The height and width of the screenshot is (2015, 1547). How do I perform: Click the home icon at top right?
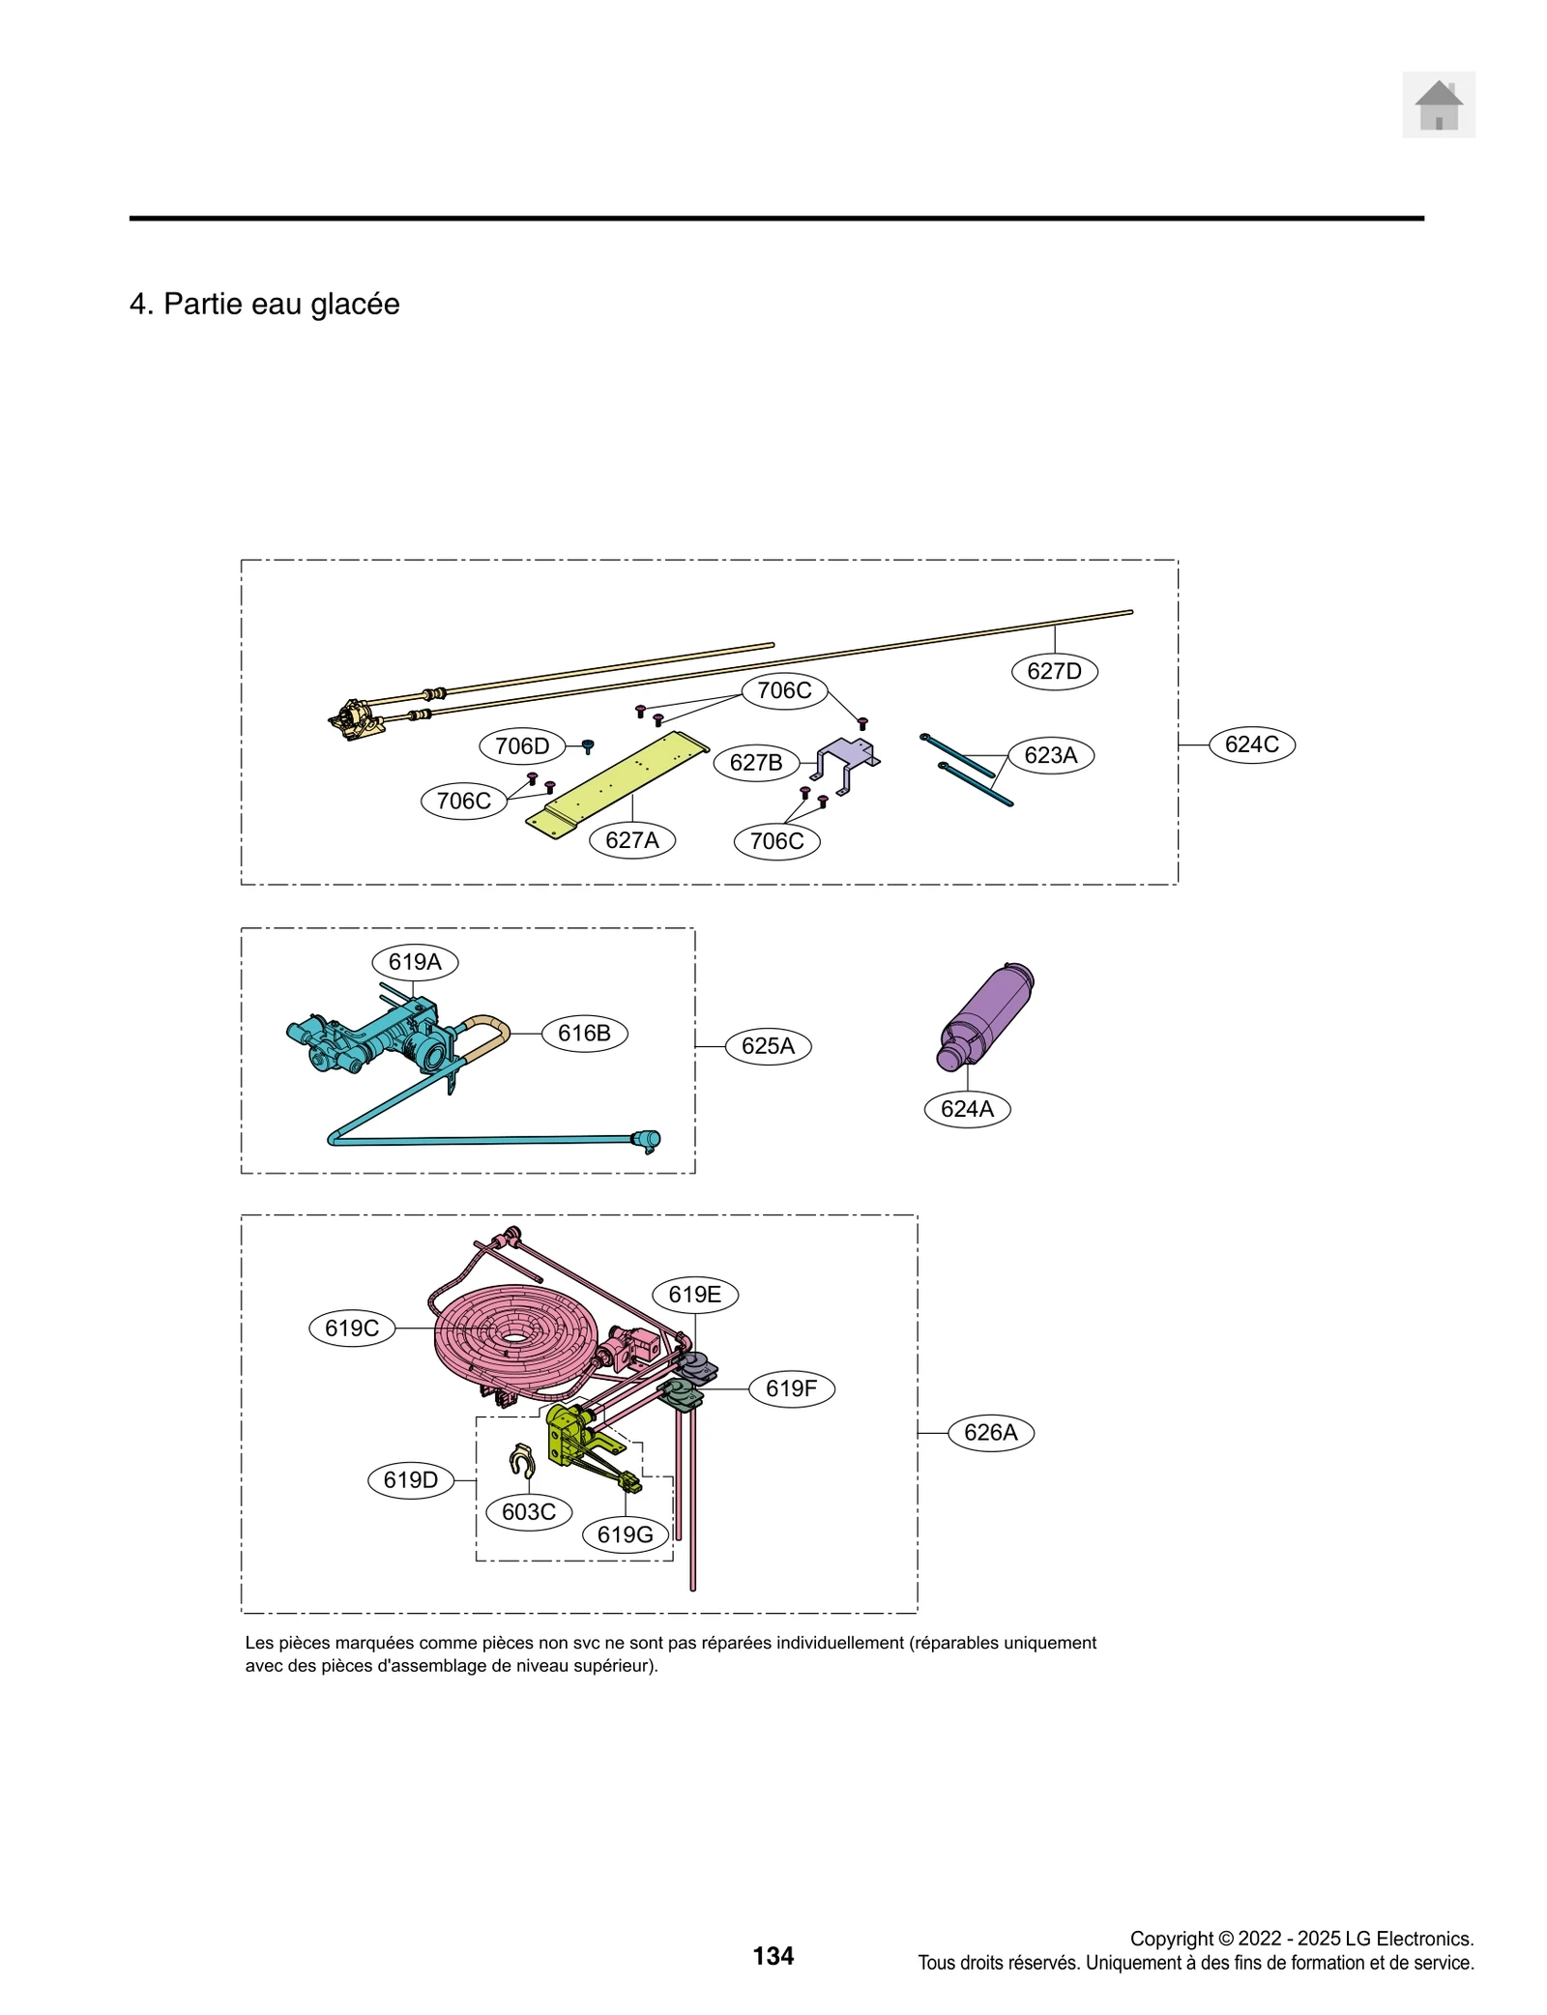(1438, 104)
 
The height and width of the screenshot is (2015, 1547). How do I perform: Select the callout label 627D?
(1054, 671)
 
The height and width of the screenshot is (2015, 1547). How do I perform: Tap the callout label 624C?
(1251, 745)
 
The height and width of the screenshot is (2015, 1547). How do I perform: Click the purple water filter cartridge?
(987, 1015)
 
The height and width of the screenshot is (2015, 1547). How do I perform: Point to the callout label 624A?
(967, 1109)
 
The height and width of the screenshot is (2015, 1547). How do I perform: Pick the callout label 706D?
(522, 746)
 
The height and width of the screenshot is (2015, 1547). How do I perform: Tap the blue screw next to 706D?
(587, 746)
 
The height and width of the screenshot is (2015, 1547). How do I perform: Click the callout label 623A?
(1050, 755)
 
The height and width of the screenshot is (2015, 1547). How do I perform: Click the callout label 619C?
(352, 1329)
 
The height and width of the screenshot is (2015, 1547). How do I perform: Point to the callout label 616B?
(584, 1033)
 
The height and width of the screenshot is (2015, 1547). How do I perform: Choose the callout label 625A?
(768, 1046)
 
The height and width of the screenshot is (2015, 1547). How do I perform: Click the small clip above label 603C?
(522, 1460)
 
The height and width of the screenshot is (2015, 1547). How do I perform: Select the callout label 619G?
(625, 1534)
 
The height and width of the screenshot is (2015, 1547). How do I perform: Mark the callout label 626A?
(991, 1432)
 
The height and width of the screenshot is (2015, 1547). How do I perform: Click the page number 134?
(773, 1956)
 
